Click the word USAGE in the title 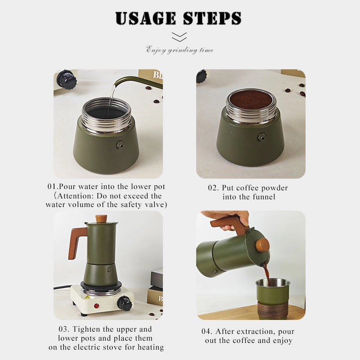(x=145, y=18)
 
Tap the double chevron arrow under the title (x=179, y=37)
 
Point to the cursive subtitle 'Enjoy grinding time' (x=180, y=50)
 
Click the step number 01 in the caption (x=51, y=186)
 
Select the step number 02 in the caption (x=212, y=188)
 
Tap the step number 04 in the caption (x=206, y=331)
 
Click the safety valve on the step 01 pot (x=120, y=145)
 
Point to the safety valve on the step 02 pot (x=261, y=137)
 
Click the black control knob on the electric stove (x=125, y=302)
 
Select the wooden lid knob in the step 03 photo (x=101, y=218)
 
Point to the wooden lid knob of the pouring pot (x=262, y=245)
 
